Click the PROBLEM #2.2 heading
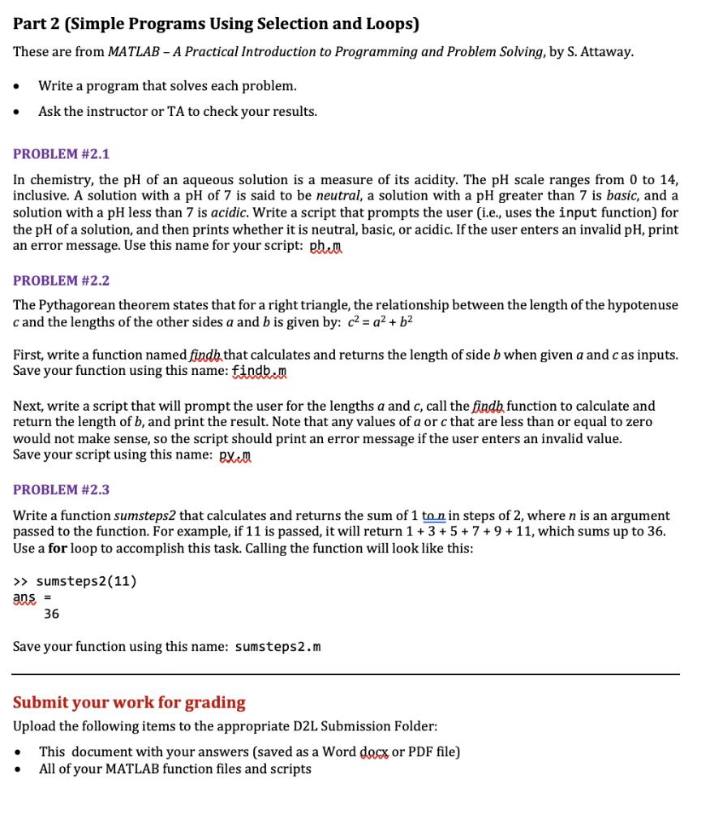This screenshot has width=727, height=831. (x=61, y=281)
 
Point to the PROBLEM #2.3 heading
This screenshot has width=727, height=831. (x=61, y=490)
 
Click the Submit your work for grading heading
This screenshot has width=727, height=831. (x=129, y=703)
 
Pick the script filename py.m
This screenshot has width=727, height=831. (x=236, y=455)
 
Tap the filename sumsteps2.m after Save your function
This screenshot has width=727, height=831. (x=277, y=647)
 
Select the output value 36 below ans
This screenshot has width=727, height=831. (x=51, y=614)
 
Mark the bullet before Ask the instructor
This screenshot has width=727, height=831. (x=20, y=112)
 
